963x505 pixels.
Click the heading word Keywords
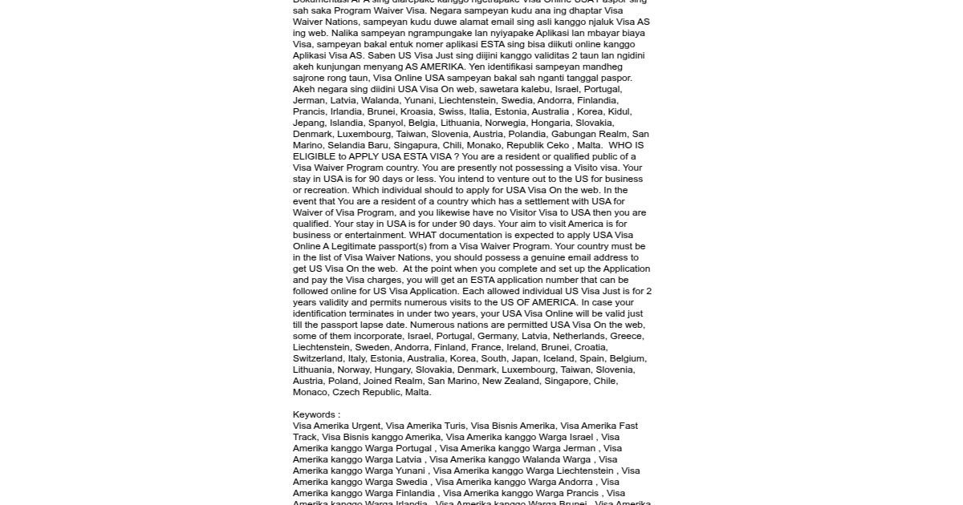[x=314, y=414]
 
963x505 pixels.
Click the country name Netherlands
[x=577, y=336]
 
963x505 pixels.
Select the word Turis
[x=449, y=426]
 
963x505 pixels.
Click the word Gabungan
[x=575, y=134]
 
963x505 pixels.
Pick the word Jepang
[x=309, y=123]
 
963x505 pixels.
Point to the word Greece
[x=626, y=336]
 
